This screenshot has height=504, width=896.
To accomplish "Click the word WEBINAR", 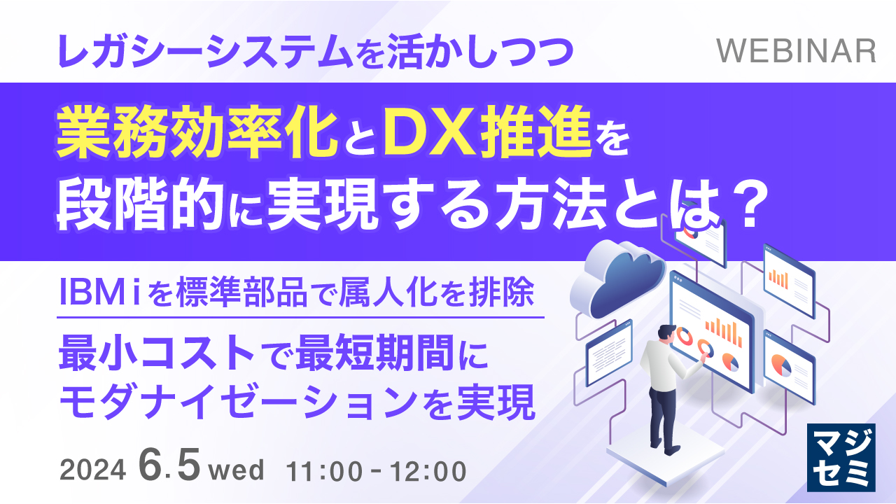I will (797, 51).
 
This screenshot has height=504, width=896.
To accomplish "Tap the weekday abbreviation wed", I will (237, 470).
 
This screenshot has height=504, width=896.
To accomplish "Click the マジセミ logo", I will (841, 456).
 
